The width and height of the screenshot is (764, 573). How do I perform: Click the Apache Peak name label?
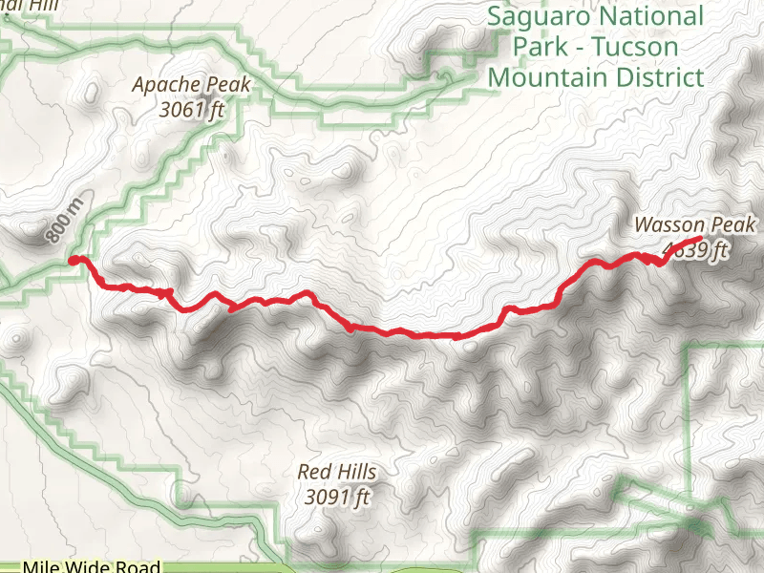(x=191, y=85)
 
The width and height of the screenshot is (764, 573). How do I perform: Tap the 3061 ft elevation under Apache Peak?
(x=191, y=109)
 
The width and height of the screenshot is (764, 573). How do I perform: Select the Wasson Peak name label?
(x=694, y=225)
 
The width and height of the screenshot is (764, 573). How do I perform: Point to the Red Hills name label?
(x=336, y=472)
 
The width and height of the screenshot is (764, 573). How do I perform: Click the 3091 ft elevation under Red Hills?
(x=336, y=496)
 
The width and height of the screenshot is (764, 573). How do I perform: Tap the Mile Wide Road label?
(x=91, y=566)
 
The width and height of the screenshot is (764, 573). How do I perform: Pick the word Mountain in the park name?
(x=551, y=77)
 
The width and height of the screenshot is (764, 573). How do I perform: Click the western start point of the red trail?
(x=74, y=260)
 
